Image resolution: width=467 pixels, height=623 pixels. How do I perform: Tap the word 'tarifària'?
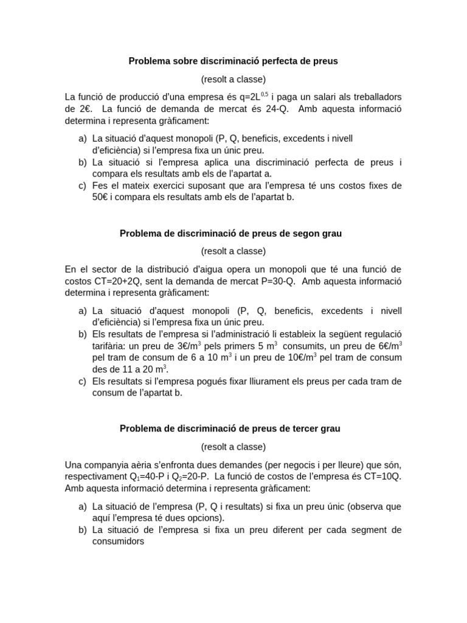(110, 346)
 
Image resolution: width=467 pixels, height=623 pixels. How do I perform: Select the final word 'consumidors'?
(118, 541)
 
